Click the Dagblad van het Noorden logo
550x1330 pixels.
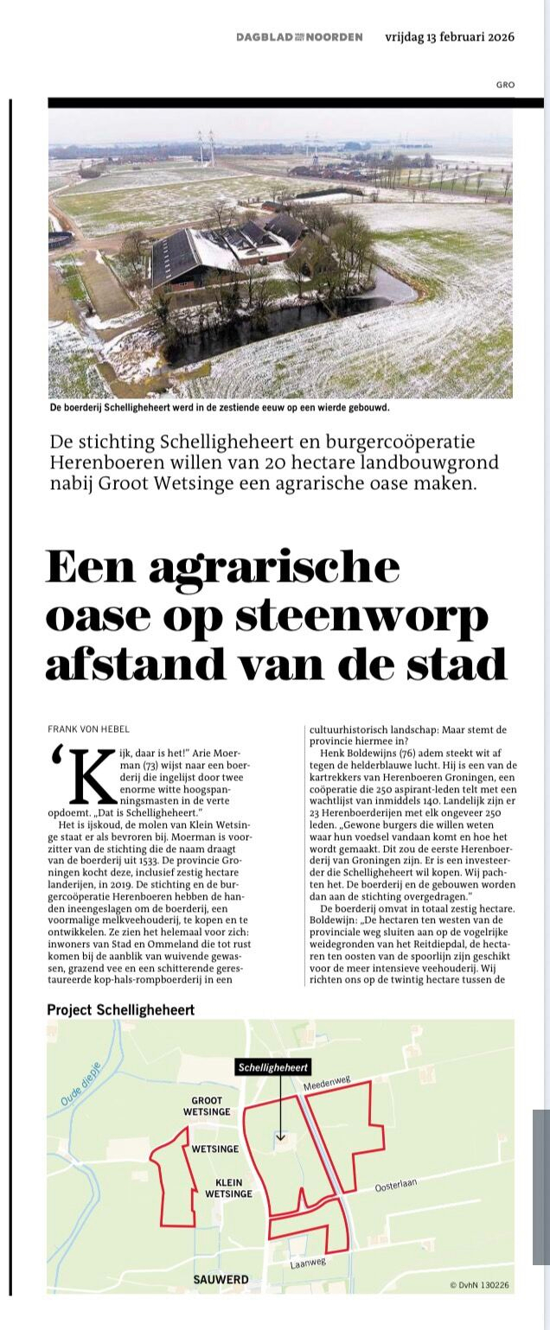coord(298,37)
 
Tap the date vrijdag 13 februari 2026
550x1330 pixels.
coord(450,37)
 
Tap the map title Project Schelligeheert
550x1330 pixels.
coord(120,1009)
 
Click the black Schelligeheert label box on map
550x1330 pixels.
coord(274,1067)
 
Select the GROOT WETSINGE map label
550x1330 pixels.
coord(207,1106)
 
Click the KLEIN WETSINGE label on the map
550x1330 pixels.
coord(228,1187)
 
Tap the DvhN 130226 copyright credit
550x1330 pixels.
coord(479,1285)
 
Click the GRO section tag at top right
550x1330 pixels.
coord(505,85)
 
